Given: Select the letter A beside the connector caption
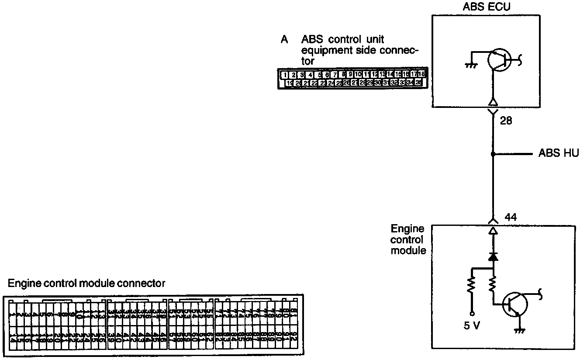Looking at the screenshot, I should pyautogui.click(x=284, y=40).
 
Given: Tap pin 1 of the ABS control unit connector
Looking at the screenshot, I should pyautogui.click(x=284, y=75).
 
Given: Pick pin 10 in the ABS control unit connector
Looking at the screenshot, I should pyautogui.click(x=358, y=75).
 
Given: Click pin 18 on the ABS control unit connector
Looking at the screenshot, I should pyautogui.click(x=421, y=75).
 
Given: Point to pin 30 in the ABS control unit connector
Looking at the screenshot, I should pyautogui.click(x=378, y=82).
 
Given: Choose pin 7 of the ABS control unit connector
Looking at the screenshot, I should pyautogui.click(x=335, y=75).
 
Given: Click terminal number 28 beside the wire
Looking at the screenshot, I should pyautogui.click(x=506, y=121).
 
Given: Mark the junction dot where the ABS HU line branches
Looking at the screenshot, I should pyautogui.click(x=493, y=154).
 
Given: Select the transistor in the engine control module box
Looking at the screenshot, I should pyautogui.click(x=514, y=305).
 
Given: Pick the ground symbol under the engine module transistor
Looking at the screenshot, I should pyautogui.click(x=520, y=330).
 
